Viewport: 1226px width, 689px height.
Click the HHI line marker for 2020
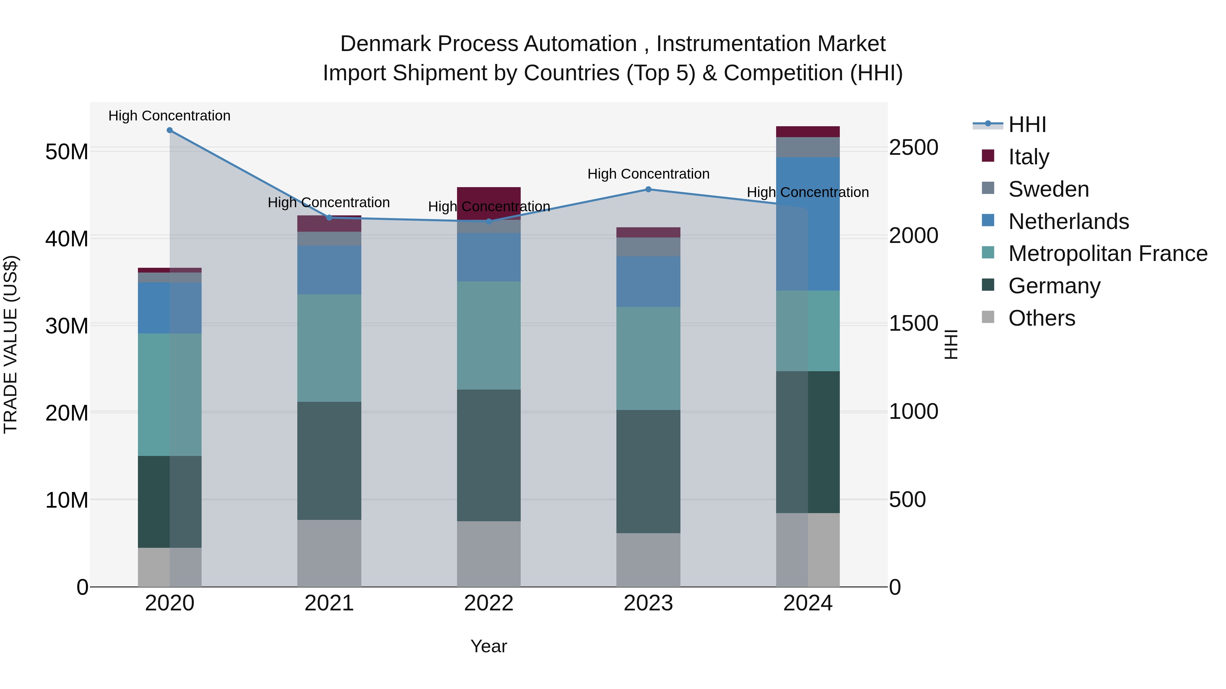pyautogui.click(x=170, y=130)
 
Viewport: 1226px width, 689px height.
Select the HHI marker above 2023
pyautogui.click(x=648, y=189)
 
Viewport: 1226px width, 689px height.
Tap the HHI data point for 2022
pyautogui.click(x=489, y=221)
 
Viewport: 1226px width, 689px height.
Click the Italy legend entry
pyautogui.click(x=1028, y=157)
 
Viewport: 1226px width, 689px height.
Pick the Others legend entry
pyautogui.click(x=1041, y=318)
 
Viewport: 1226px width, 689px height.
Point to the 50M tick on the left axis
pyautogui.click(x=67, y=152)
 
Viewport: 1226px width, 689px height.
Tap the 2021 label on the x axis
pyautogui.click(x=329, y=603)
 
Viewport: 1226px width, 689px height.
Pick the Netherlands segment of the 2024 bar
pyautogui.click(x=808, y=224)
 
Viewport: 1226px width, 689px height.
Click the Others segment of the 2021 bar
pyautogui.click(x=329, y=553)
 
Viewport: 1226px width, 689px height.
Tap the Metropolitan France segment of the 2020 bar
pyautogui.click(x=170, y=395)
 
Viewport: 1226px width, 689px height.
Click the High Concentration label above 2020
pyautogui.click(x=170, y=116)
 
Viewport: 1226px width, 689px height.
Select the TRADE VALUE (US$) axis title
pyautogui.click(x=11, y=344)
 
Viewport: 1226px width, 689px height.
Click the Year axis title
pyautogui.click(x=489, y=646)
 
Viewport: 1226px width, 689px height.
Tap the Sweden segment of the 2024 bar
pyautogui.click(x=808, y=147)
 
